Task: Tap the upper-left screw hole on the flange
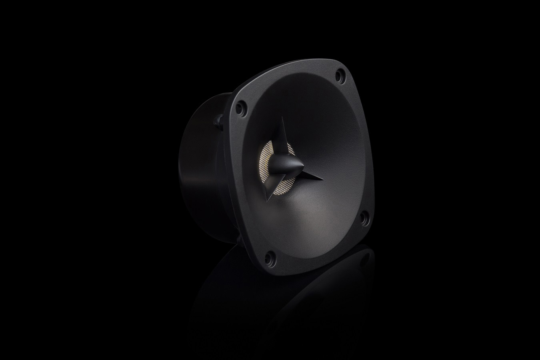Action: pos(241,108)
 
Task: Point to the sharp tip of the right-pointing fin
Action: pos(322,179)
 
